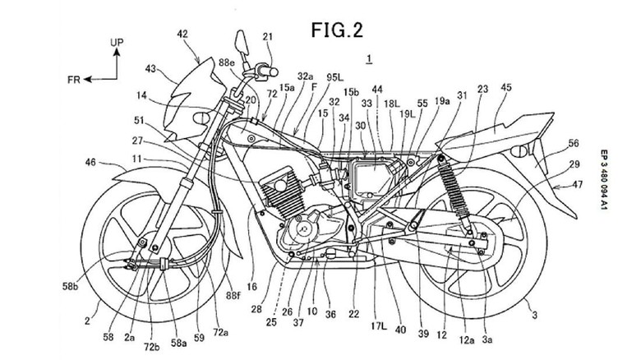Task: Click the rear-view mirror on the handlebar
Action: click(x=242, y=39)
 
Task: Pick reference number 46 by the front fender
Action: click(x=90, y=164)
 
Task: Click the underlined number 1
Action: click(x=370, y=58)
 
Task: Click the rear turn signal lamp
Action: click(x=519, y=153)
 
